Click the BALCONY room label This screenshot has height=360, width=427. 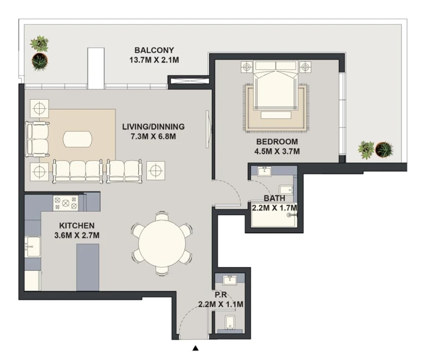154,50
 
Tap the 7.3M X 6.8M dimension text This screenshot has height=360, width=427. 153,137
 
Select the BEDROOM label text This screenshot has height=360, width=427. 277,142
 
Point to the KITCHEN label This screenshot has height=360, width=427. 77,226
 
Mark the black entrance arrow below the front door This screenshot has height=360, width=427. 195,349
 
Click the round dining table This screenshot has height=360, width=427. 162,243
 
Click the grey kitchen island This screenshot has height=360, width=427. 88,267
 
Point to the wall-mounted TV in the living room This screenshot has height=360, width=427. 207,129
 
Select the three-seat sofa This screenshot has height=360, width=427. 77,171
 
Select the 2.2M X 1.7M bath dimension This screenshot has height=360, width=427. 274,208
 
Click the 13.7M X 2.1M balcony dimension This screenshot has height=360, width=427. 154,60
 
